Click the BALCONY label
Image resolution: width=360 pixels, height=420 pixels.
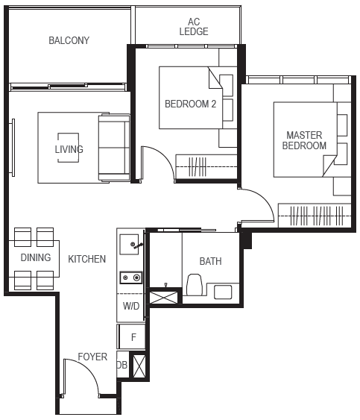69,40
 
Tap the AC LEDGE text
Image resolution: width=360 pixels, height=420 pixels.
194,27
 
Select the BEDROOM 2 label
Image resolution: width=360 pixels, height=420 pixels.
190,104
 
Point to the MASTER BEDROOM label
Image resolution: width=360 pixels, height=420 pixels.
304,140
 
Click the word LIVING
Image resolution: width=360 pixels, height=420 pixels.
69,149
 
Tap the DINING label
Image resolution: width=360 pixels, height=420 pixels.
36,257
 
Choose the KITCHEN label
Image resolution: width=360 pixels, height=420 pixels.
87,259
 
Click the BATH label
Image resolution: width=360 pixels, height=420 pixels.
211,261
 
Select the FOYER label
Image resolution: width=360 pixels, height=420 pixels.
92,357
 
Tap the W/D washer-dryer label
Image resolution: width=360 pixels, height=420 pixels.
131,306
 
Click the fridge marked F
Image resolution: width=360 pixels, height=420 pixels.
131,336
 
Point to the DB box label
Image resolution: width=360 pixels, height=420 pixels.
121,365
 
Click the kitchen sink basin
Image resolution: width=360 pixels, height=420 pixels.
129,244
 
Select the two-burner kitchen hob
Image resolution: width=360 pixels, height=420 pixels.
131,278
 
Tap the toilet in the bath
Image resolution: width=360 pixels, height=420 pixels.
195,285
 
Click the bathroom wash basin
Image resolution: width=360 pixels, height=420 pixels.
223,292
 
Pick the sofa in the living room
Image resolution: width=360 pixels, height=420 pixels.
114,148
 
